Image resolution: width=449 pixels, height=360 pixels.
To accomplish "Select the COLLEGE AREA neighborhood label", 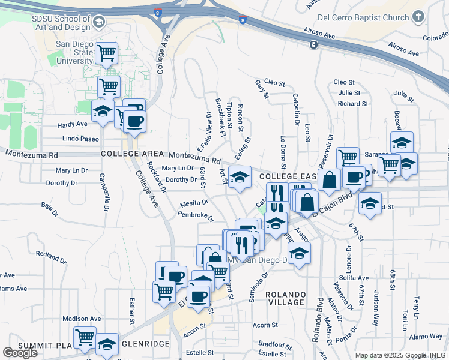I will pyautogui.click(x=133, y=154).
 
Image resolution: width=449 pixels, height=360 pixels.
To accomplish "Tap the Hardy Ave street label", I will pyautogui.click(x=73, y=124).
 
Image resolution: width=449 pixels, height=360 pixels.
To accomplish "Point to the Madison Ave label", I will pyautogui.click(x=82, y=319).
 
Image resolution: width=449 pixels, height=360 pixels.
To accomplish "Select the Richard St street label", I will pyautogui.click(x=348, y=103).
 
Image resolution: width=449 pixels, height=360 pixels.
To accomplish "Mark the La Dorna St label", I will pyautogui.click(x=283, y=152).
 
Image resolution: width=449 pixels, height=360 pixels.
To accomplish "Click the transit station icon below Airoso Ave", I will pyautogui.click(x=313, y=45).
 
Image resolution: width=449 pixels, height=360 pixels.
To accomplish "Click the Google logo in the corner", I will pyautogui.click(x=20, y=353).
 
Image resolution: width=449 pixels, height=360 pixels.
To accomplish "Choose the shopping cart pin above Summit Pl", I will pyautogui.click(x=85, y=337).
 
